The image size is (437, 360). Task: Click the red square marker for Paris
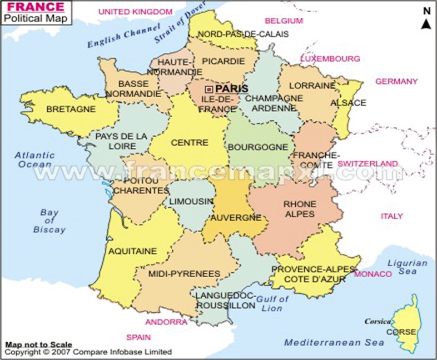(208, 89)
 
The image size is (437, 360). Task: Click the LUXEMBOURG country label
(330, 58)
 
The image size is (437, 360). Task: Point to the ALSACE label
(348, 103)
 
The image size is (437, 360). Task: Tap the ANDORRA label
(166, 322)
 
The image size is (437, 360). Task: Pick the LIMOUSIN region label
(191, 201)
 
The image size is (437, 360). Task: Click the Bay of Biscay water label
(53, 221)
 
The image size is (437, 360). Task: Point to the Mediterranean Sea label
(326, 342)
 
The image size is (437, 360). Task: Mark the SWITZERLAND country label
(368, 163)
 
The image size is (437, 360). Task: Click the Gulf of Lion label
(274, 303)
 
